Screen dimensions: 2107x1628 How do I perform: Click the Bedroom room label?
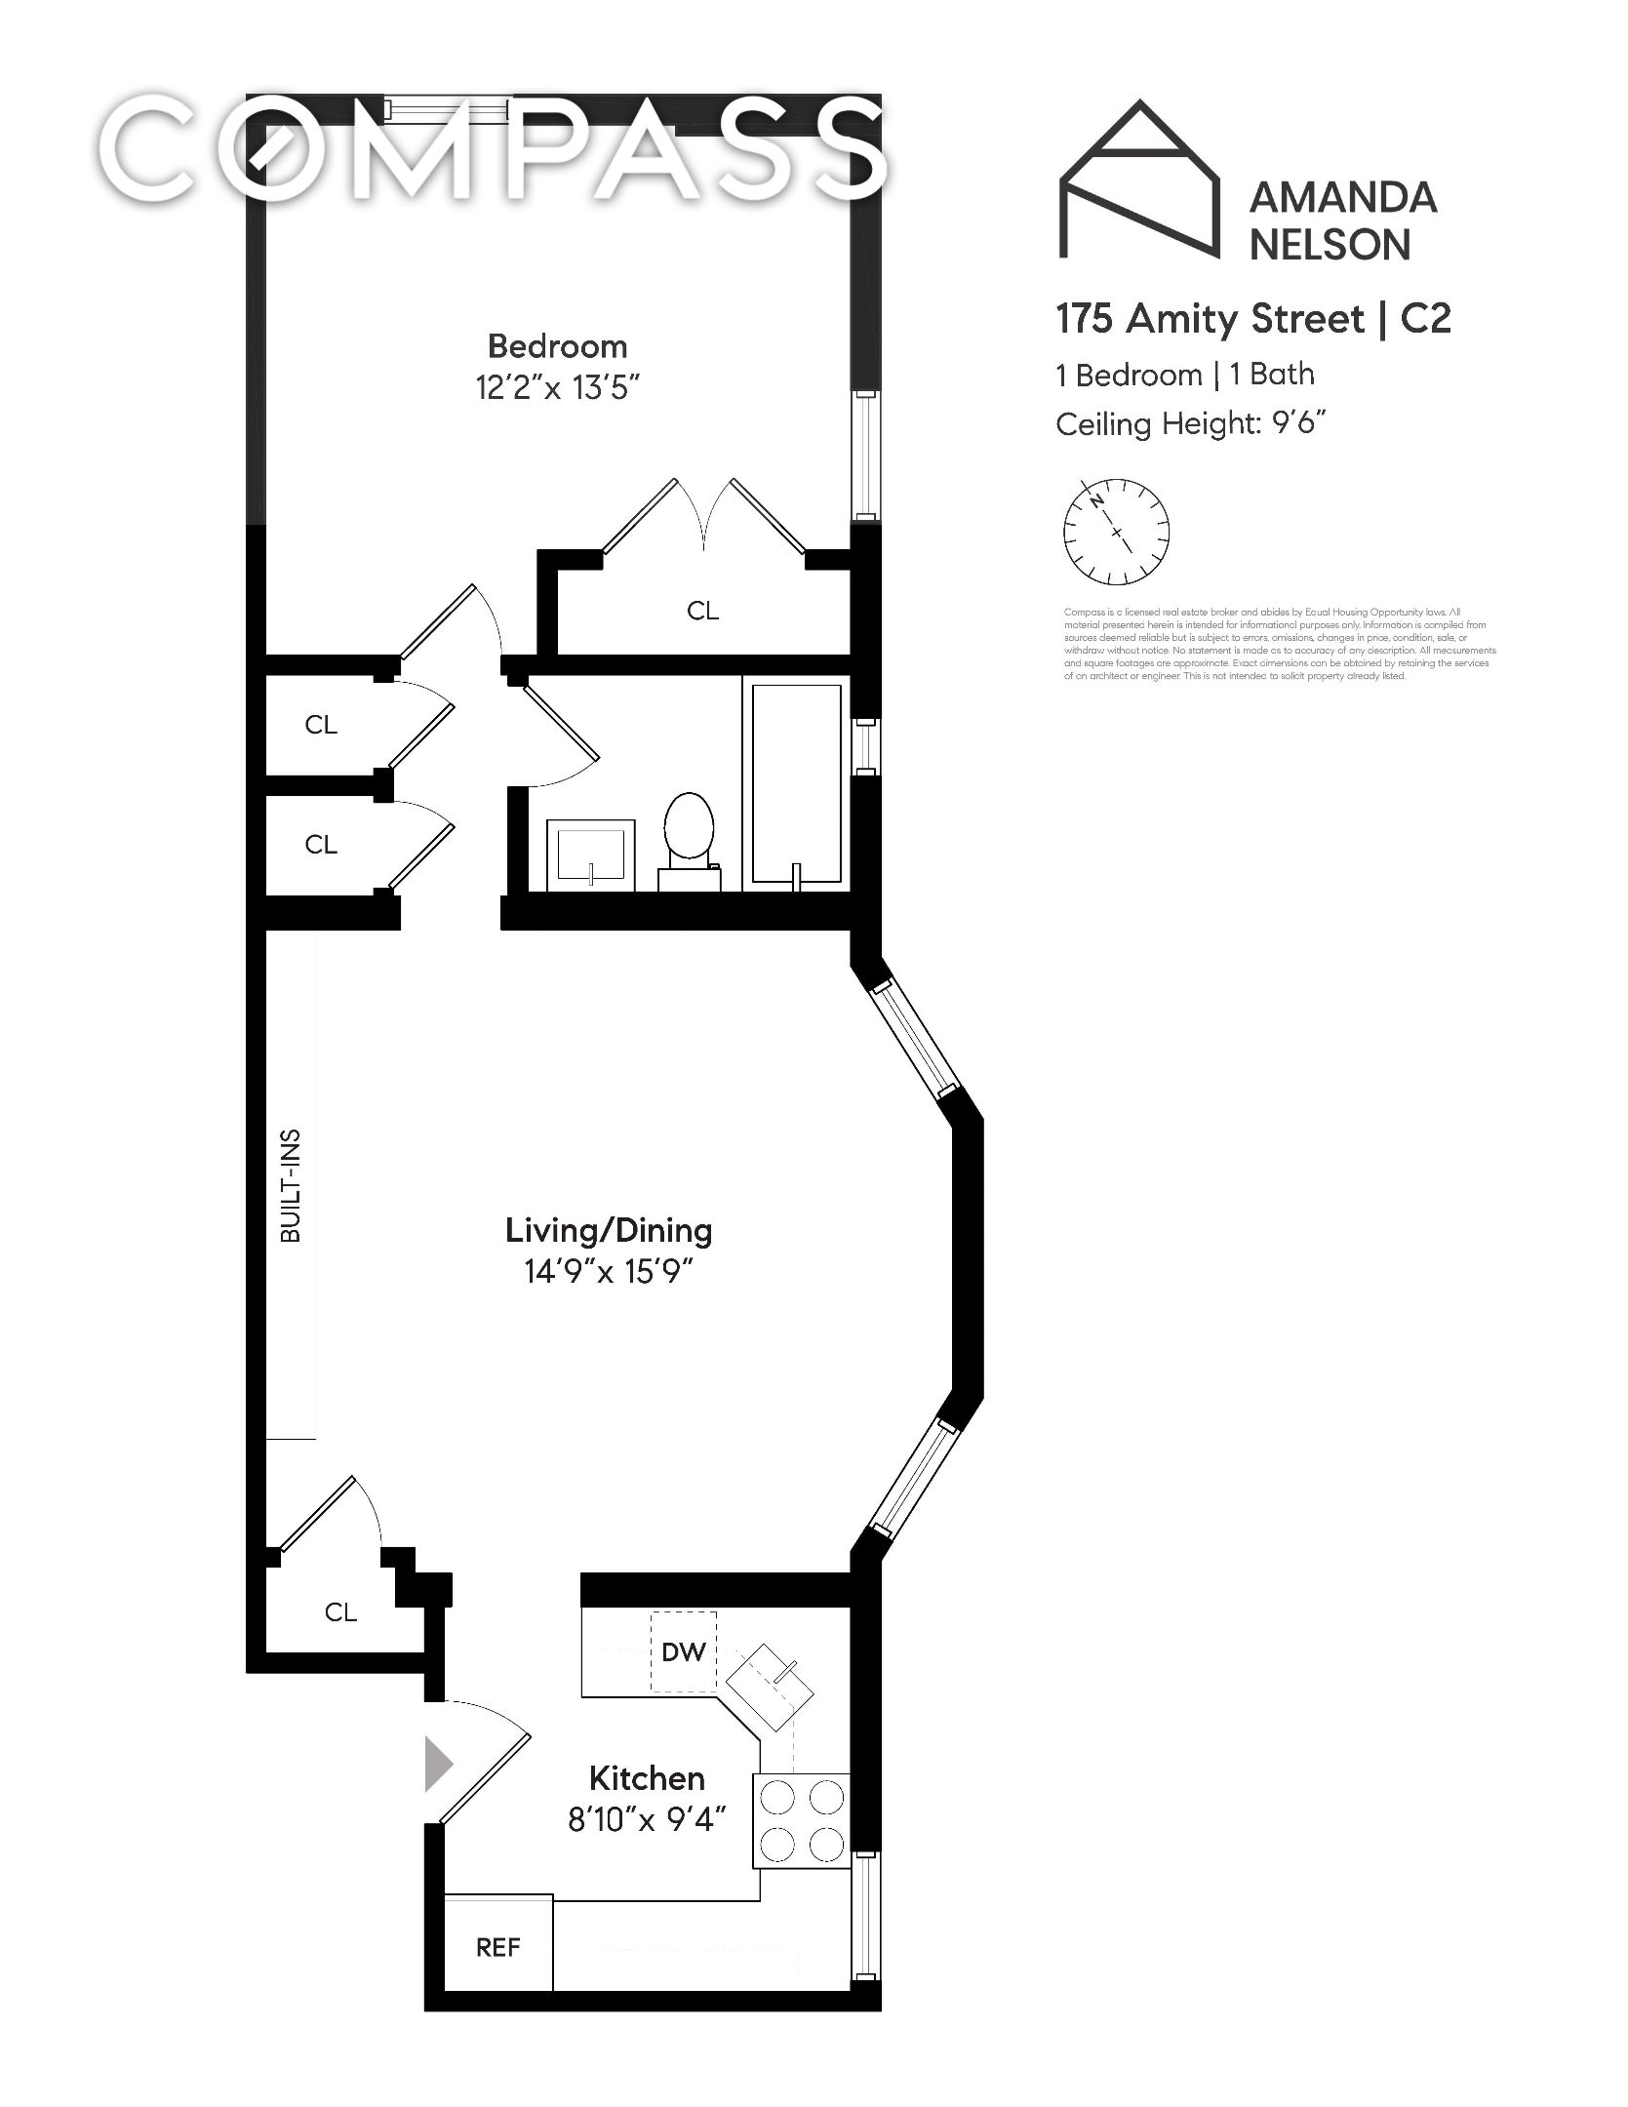(557, 346)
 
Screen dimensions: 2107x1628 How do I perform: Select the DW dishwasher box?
(683, 1651)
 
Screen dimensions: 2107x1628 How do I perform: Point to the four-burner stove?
(802, 1820)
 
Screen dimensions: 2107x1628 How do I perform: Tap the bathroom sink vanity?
(590, 854)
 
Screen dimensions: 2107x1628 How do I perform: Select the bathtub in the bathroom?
(796, 783)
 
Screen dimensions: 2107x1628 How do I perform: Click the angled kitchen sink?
(771, 1690)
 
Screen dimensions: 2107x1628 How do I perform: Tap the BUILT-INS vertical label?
(291, 1185)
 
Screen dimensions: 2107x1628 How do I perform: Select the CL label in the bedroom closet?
(702, 611)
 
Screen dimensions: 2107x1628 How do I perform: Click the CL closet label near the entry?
(340, 1612)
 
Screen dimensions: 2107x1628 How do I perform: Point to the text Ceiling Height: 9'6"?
(1191, 424)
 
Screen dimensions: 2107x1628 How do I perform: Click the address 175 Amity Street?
(1210, 319)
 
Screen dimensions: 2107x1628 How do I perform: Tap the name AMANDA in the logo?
(1343, 199)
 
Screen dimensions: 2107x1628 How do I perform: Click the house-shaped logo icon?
(1139, 180)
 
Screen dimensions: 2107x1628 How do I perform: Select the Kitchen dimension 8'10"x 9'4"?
(647, 1819)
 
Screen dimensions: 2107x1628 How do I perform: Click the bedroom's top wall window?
(446, 108)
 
